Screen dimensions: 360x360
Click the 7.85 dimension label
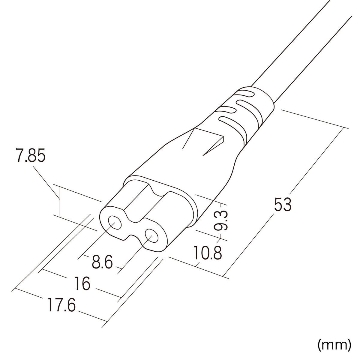pos(31,157)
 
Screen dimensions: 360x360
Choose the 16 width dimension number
pos(82,283)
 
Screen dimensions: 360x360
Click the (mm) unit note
pos(334,345)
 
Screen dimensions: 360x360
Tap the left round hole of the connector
pos(114,223)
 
